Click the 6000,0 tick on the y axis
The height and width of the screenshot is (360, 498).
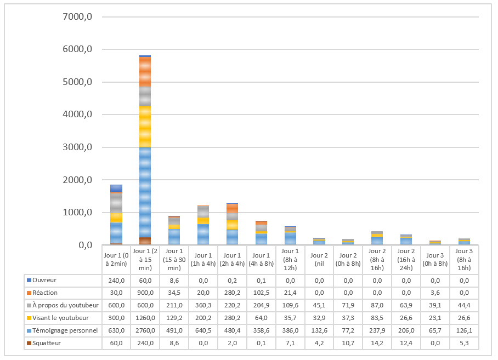77,49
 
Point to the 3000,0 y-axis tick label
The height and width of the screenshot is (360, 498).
77,147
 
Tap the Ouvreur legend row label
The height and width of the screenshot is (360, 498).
44,280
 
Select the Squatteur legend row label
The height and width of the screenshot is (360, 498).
47,343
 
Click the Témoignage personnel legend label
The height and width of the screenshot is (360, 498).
65,330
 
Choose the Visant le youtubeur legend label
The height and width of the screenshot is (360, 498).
60,318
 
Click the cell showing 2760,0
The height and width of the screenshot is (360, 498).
145,330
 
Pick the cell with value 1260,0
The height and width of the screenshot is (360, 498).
145,318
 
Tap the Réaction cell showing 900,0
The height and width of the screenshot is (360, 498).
145,293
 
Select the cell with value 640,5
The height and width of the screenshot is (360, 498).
203,330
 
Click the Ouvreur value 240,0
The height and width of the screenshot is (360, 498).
116,281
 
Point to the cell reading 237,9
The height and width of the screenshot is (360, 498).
377,330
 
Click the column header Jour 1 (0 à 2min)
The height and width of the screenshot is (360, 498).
116,260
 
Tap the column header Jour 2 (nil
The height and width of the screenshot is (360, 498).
319,260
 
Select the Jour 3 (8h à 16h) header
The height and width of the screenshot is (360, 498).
464,260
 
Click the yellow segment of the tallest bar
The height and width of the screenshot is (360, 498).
145,127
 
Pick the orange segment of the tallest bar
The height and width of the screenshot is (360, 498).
145,72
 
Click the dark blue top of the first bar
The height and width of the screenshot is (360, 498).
116,188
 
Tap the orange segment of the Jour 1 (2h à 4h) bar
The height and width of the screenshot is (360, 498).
232,208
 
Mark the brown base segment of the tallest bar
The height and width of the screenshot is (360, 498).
145,241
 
